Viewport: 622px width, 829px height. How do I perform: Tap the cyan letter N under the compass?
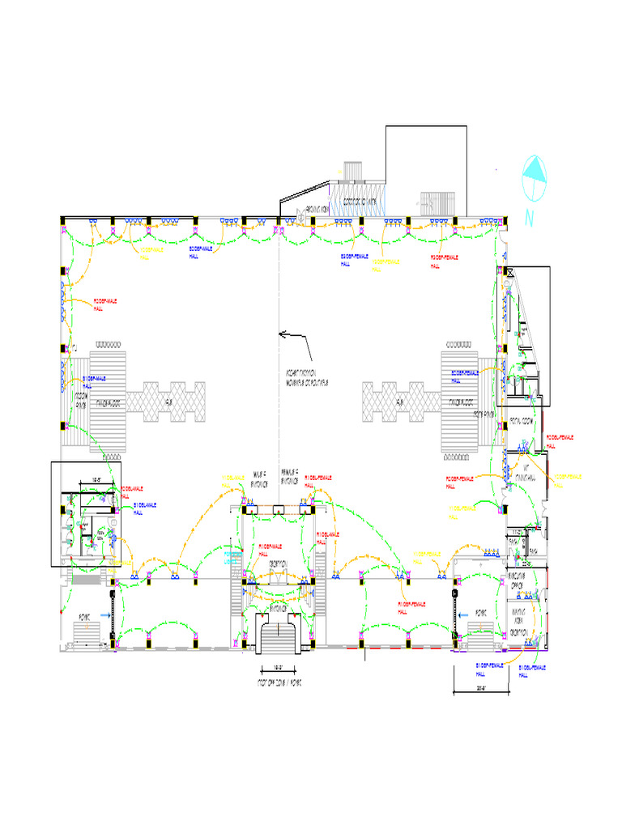point(530,218)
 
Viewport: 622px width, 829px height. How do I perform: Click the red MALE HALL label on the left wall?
point(105,304)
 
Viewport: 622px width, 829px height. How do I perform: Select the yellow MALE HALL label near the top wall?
point(151,253)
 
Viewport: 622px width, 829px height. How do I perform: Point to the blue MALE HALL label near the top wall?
point(202,252)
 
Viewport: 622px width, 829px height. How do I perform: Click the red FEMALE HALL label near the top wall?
point(445,260)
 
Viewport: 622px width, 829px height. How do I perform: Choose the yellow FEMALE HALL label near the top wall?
point(387,265)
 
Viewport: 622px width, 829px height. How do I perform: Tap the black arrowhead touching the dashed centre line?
point(283,332)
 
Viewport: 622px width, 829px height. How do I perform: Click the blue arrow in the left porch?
point(105,615)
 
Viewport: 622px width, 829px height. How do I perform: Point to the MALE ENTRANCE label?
point(260,477)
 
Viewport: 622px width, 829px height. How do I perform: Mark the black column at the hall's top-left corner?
point(62,219)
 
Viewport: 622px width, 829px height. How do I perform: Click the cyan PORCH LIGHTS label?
point(233,556)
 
